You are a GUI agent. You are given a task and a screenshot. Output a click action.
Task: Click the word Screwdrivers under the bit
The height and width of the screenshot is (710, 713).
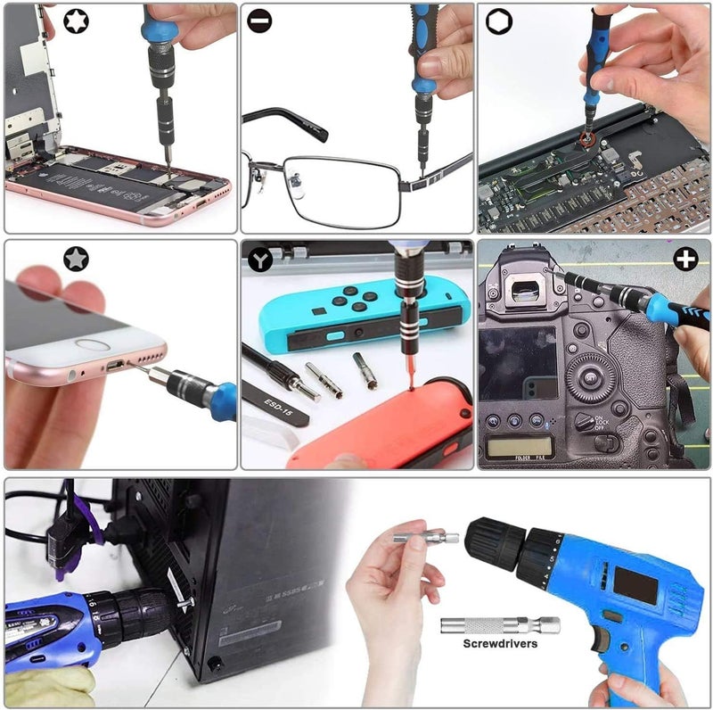(x=499, y=642)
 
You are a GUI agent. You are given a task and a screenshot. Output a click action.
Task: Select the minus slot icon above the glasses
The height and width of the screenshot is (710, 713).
(x=260, y=21)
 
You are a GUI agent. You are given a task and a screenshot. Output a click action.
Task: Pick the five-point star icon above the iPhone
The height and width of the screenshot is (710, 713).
(x=76, y=259)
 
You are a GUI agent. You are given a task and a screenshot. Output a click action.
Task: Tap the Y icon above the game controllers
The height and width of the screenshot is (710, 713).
(x=260, y=260)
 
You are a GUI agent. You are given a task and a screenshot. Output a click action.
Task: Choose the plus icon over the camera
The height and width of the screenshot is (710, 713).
(x=684, y=259)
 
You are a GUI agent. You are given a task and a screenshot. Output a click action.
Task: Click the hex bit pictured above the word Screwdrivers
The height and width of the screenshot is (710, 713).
(x=499, y=624)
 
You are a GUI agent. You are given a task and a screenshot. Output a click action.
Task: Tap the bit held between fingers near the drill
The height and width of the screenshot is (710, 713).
(x=426, y=537)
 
